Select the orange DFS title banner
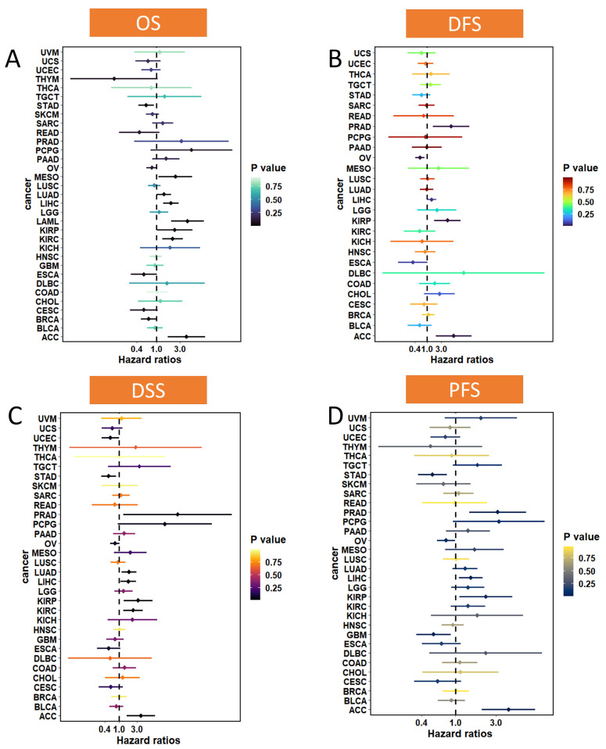tap(464, 23)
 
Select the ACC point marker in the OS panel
tap(186, 336)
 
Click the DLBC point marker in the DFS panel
tap(464, 273)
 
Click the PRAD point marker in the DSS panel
tap(178, 514)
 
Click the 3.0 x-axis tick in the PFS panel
tap(496, 724)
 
